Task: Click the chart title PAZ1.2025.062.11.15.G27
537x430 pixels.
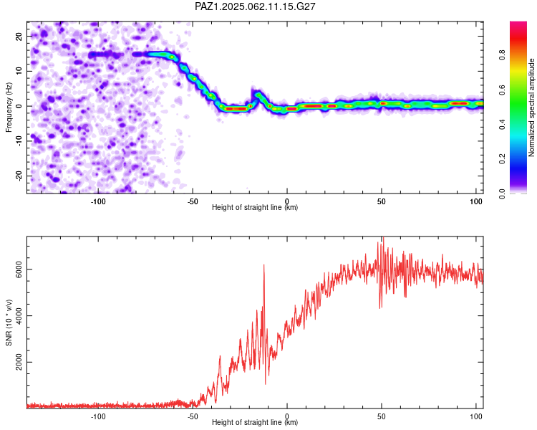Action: (255, 6)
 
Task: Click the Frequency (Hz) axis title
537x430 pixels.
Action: (9, 107)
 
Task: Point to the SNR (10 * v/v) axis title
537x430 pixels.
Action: (9, 322)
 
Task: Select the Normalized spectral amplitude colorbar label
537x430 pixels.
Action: (531, 107)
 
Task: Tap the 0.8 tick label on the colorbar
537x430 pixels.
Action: (502, 54)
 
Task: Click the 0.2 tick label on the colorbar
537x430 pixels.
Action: (502, 159)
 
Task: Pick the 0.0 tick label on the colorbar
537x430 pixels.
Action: (502, 193)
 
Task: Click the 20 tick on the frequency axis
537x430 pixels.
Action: (19, 36)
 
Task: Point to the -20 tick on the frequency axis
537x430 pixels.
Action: (19, 176)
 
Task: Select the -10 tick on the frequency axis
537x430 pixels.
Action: (19, 141)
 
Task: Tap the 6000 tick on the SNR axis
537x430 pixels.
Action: (19, 269)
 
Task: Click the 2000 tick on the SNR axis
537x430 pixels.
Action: (19, 362)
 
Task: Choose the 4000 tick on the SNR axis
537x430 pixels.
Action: (19, 316)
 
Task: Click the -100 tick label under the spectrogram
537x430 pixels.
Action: (98, 201)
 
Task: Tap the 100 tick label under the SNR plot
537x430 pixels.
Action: (476, 416)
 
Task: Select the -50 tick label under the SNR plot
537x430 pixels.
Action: (193, 416)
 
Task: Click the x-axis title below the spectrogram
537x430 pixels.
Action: (255, 207)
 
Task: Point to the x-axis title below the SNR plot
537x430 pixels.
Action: (255, 422)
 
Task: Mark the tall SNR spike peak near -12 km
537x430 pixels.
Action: (264, 265)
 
